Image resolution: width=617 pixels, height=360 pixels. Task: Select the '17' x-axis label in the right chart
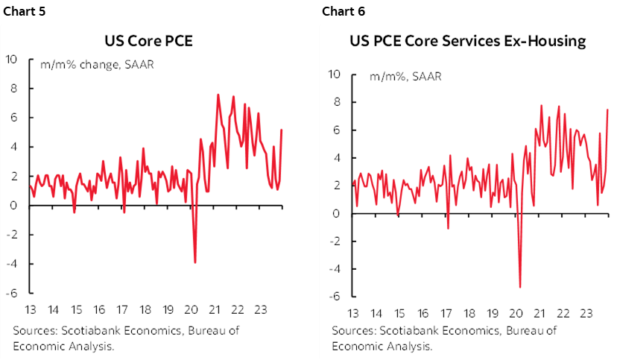click(x=446, y=312)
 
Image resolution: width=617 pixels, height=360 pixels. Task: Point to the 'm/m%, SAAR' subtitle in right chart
click(x=394, y=76)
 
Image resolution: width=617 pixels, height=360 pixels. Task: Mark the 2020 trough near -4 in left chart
click(x=195, y=262)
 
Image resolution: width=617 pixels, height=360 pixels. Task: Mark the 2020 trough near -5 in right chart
click(x=519, y=287)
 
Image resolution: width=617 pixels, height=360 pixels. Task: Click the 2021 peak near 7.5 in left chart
click(x=218, y=95)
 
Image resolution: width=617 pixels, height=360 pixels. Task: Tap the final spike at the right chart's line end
click(x=608, y=110)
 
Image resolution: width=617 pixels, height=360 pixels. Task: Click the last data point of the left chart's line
click(x=282, y=130)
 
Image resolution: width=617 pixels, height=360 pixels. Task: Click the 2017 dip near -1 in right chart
click(x=448, y=228)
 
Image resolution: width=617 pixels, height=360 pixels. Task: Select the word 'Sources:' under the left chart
click(x=34, y=330)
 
